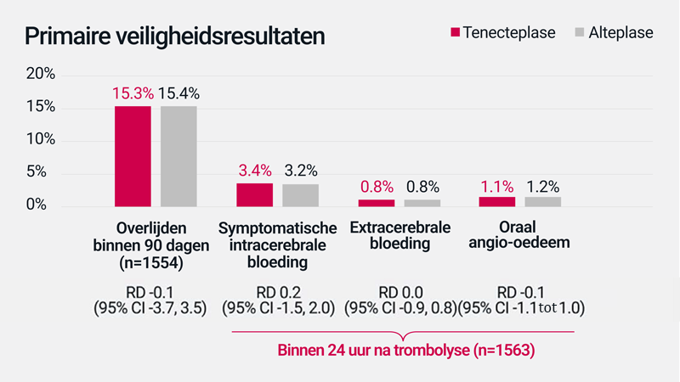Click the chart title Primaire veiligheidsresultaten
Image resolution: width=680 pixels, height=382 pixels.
click(x=173, y=37)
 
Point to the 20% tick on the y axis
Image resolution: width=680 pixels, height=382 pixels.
click(x=40, y=75)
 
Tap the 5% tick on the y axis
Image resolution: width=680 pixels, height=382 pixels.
click(x=44, y=173)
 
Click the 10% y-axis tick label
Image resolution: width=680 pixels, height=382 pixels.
click(x=40, y=140)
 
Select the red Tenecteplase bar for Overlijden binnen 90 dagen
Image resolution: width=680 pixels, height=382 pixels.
click(x=133, y=155)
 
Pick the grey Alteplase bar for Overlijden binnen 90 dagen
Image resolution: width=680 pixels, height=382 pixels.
click(x=178, y=155)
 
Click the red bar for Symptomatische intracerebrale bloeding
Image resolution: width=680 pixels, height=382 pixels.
click(x=254, y=194)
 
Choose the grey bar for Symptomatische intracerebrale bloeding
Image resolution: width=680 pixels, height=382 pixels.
click(x=300, y=195)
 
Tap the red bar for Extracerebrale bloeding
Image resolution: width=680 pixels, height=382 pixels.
click(x=376, y=203)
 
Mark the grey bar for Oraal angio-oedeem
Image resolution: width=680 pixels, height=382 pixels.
click(x=542, y=202)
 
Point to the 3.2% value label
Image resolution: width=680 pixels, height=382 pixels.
click(x=300, y=168)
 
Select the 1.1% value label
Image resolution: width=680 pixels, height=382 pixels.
click(x=496, y=186)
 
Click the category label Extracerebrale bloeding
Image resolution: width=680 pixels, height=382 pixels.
click(x=399, y=236)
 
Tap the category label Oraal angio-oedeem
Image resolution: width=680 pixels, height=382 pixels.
click(x=521, y=236)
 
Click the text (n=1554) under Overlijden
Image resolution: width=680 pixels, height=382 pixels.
click(x=150, y=262)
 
